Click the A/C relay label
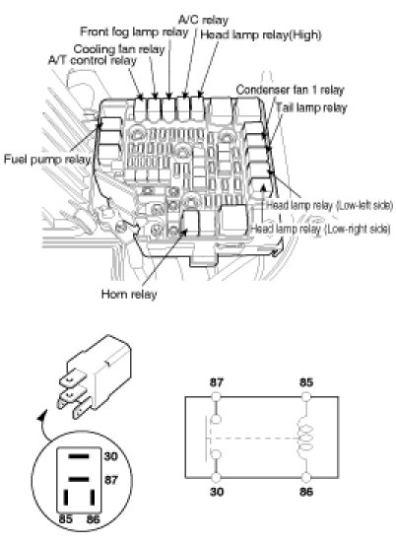point(204,20)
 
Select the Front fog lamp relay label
point(134,32)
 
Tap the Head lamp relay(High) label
point(261,34)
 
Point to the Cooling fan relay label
point(119,49)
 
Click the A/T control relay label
point(93,60)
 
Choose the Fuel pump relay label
point(47,160)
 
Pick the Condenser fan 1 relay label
point(290,90)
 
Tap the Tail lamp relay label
point(311,107)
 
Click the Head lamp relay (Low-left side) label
point(330,205)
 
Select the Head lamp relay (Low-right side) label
point(321,229)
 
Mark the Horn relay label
point(129,295)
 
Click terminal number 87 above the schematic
point(217,382)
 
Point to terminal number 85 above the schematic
point(306,382)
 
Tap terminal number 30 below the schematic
point(217,492)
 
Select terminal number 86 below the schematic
point(306,492)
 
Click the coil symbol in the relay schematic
point(305,438)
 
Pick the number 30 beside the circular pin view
point(111,456)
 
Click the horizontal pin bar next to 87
point(79,480)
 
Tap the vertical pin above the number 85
point(66,498)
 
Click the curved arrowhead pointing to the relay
point(43,413)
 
